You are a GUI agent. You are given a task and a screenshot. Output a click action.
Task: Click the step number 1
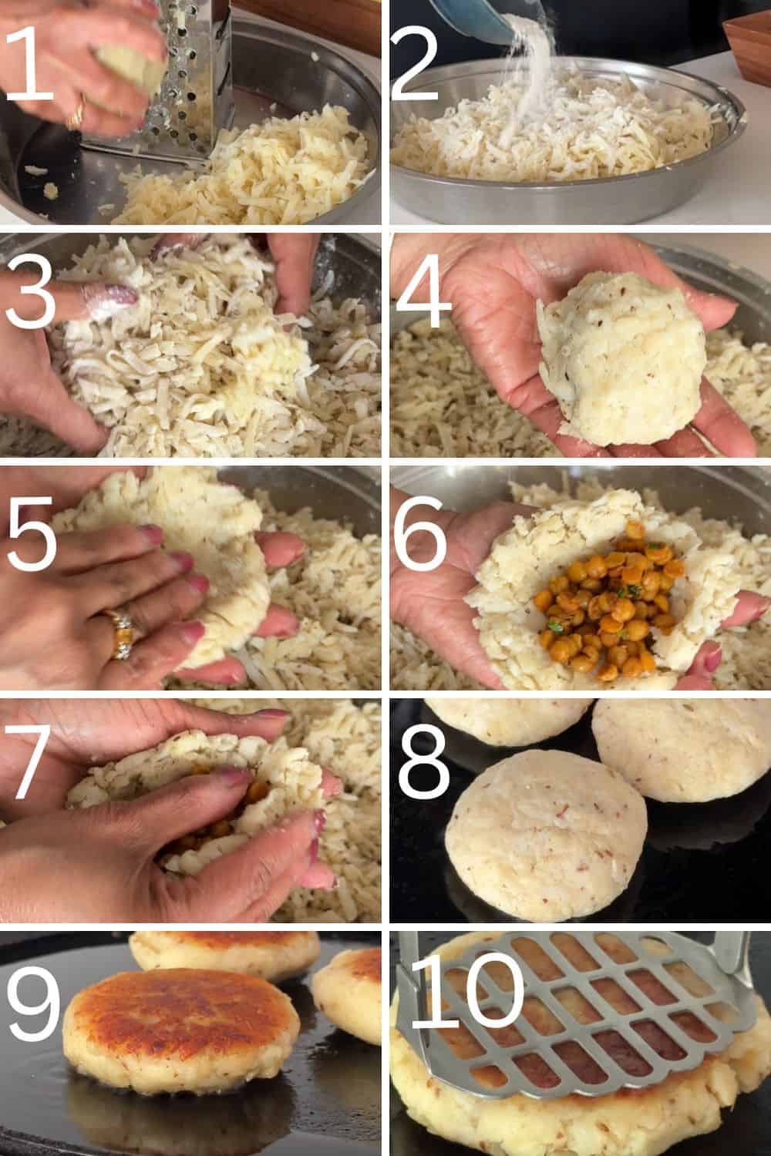point(31,62)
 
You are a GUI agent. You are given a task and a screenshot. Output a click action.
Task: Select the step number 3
point(31,293)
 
